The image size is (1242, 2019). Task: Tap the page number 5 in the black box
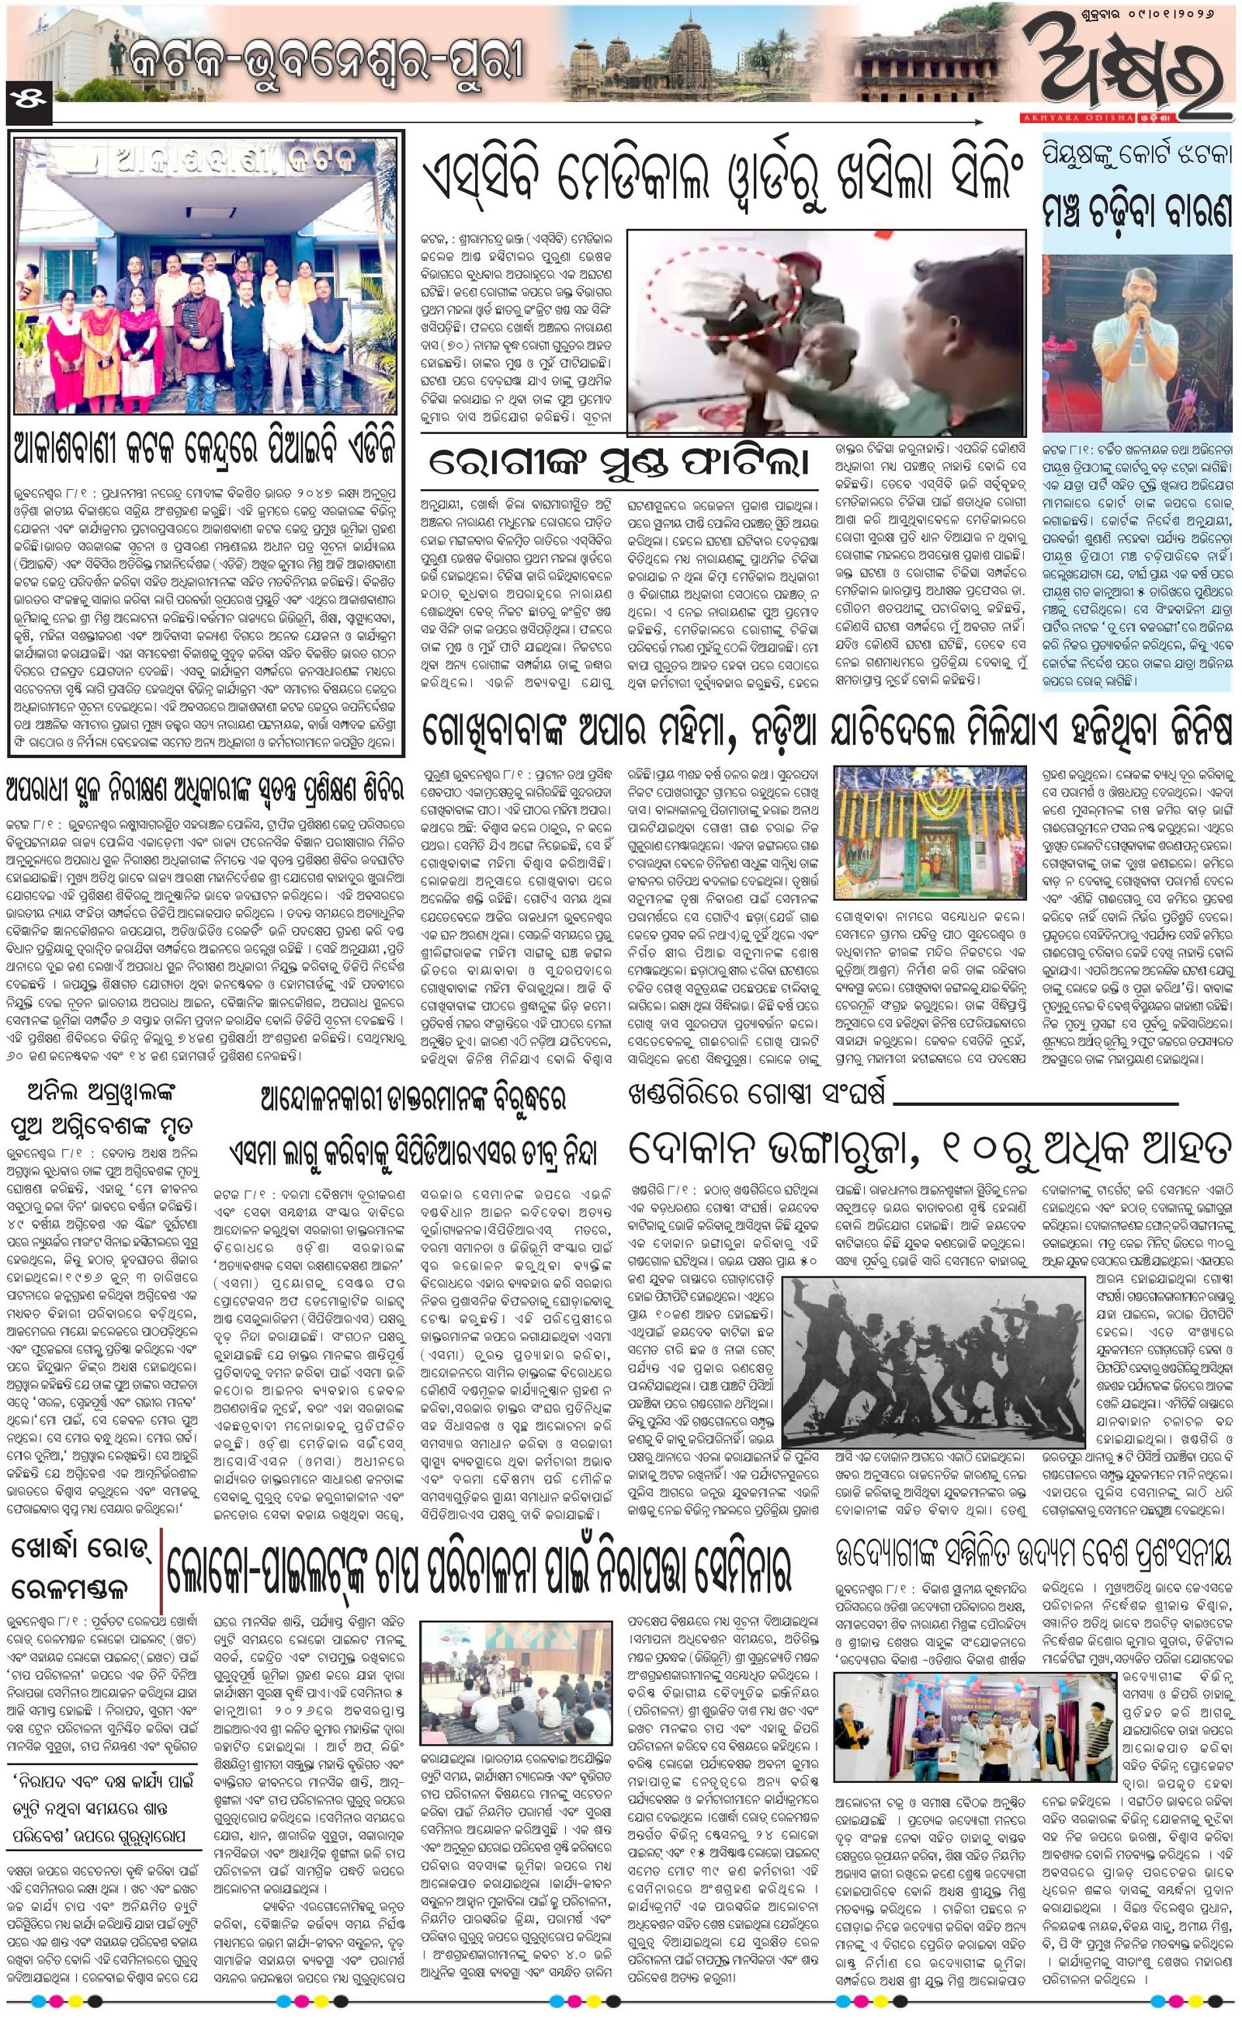point(28,96)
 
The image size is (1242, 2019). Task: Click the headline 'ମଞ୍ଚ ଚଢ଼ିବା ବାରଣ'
point(1138,211)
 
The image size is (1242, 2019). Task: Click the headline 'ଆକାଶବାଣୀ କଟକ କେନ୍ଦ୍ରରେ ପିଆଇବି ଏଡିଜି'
point(206,451)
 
